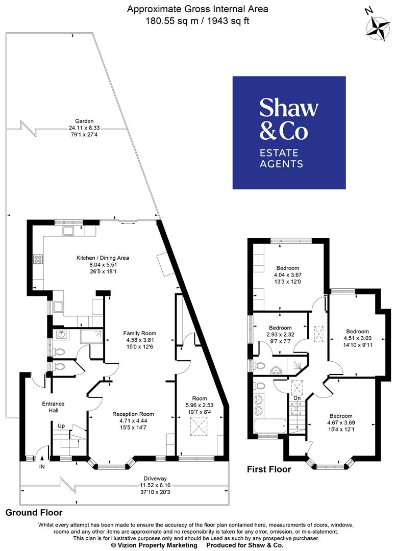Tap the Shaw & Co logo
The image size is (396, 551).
tap(289, 133)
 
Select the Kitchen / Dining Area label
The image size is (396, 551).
tap(103, 258)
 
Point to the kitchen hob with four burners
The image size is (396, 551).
tap(38, 259)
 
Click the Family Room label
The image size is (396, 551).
tap(139, 333)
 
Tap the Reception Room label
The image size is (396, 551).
tap(133, 414)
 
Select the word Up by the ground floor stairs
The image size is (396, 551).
tap(61, 425)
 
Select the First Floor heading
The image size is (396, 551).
tap(269, 469)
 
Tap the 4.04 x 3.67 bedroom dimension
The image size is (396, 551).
tap(288, 275)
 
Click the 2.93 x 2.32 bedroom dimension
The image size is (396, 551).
tap(280, 335)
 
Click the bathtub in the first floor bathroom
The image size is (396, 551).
tap(269, 426)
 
